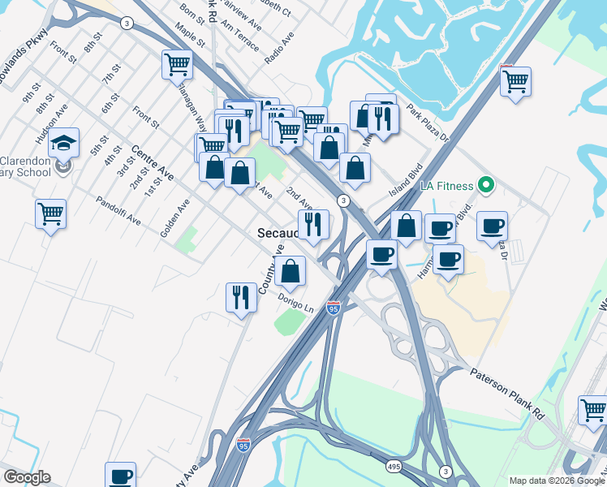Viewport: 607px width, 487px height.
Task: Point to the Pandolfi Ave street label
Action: (x=118, y=211)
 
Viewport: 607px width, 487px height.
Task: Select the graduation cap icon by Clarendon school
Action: (x=63, y=144)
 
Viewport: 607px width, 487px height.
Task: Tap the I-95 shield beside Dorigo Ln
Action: (x=334, y=308)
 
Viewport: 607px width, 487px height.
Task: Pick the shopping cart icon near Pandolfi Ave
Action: (x=51, y=214)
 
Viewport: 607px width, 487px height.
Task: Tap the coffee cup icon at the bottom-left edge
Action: (x=120, y=476)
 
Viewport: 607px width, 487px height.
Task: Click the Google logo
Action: (x=27, y=477)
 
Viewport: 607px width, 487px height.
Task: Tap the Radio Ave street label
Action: (x=278, y=50)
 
